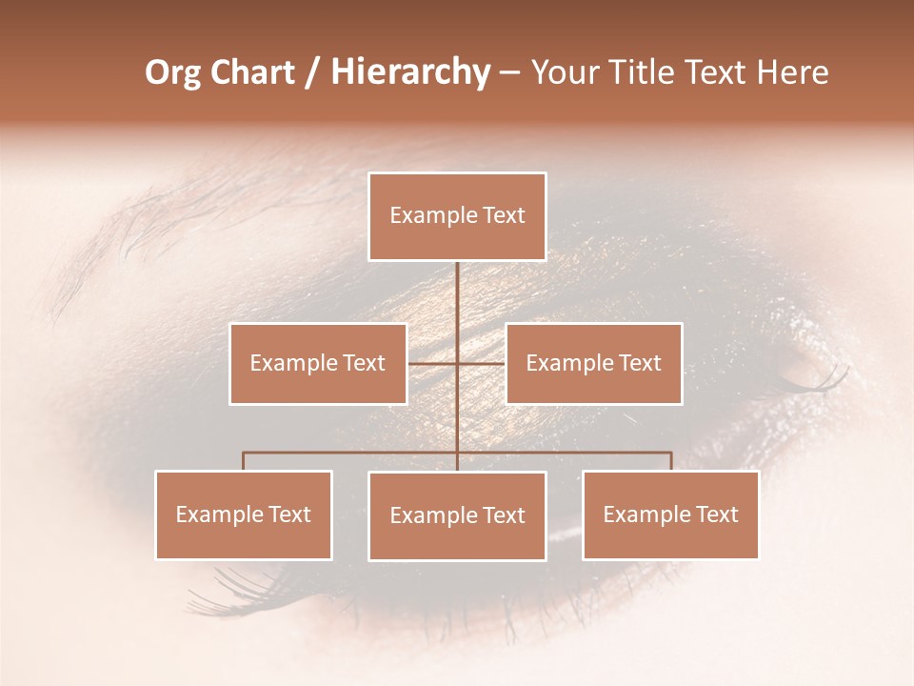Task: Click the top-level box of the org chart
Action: [457, 216]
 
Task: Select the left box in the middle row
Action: [318, 363]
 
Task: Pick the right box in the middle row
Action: [593, 363]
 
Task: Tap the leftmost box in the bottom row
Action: [244, 514]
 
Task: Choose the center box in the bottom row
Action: [457, 515]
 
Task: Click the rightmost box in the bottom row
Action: [670, 514]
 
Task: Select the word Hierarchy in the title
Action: [409, 72]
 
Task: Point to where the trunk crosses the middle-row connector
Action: [457, 363]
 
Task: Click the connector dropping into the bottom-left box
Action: [244, 462]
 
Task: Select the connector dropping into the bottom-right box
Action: [670, 462]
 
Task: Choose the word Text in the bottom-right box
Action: [716, 514]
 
